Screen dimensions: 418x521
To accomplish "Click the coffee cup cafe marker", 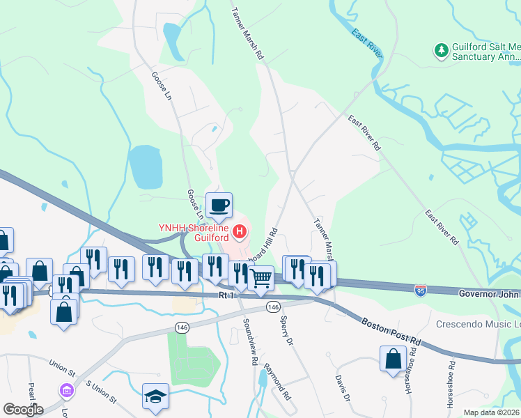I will point(219,206).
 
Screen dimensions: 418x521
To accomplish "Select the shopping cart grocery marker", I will point(261,278).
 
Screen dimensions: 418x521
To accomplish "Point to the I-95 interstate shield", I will point(421,288).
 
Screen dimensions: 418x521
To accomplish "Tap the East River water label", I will point(367,42).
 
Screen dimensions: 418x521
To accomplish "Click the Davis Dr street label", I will point(341,387).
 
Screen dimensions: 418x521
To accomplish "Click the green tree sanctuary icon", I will point(440,50).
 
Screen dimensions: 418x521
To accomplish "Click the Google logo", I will point(22,409).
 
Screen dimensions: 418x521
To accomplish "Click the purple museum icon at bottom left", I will point(66,390).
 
